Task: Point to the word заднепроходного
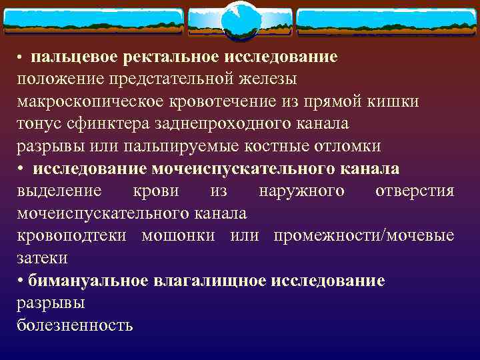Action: [225, 124]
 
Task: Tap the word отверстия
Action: [415, 191]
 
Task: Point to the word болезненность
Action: [75, 325]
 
